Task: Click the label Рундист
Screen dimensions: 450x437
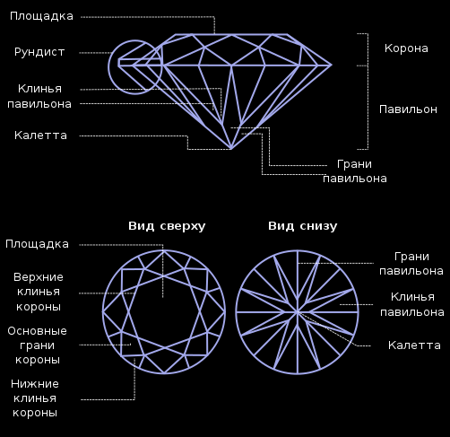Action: (39, 52)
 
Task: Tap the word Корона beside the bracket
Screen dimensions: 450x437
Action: (406, 48)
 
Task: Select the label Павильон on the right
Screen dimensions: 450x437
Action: (408, 109)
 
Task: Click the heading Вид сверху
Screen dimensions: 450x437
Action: (167, 226)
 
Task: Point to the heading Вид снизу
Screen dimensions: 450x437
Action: (303, 226)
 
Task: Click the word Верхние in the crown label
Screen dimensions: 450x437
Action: (39, 277)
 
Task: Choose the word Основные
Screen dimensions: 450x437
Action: (37, 331)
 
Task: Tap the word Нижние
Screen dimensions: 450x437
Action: (35, 384)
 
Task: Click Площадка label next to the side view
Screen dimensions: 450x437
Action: (41, 17)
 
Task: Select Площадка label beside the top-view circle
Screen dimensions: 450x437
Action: (37, 244)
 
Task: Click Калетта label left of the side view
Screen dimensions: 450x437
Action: (40, 135)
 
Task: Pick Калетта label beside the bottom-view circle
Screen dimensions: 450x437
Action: (414, 345)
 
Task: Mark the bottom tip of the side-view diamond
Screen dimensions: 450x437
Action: (231, 149)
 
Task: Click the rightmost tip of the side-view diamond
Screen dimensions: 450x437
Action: (332, 65)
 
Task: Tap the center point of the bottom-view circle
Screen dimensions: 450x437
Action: (298, 312)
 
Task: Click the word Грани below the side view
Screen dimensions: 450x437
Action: (354, 164)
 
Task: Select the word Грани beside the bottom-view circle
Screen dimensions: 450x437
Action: (411, 257)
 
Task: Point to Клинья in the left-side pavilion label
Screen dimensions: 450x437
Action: (39, 89)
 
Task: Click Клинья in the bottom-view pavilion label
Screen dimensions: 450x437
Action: (412, 297)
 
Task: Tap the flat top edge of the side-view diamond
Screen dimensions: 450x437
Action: (231, 34)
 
